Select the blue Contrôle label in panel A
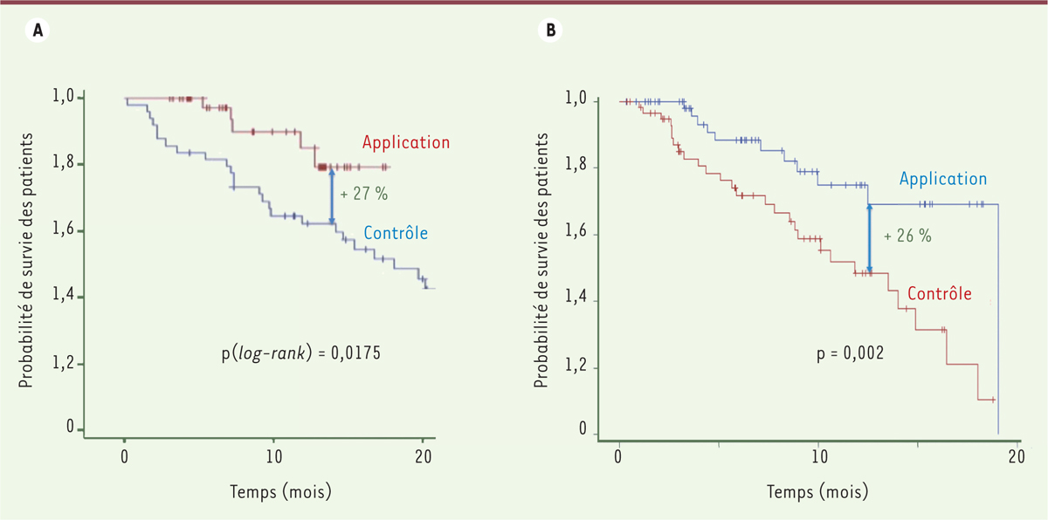(x=395, y=233)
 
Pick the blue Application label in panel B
(x=942, y=179)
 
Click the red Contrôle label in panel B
(x=940, y=293)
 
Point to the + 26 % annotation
(x=907, y=236)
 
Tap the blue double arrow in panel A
(x=331, y=197)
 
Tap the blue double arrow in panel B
(x=869, y=238)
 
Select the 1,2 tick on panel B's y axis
(x=580, y=368)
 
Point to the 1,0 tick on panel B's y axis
(x=580, y=101)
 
